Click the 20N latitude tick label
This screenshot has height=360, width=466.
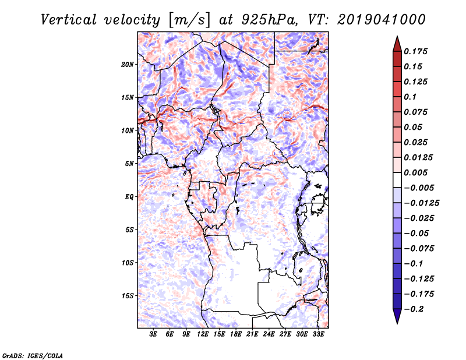tap(128, 65)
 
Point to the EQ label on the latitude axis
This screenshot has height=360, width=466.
tap(129, 197)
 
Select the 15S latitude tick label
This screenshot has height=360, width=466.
tap(128, 296)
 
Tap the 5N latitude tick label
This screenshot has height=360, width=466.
tap(129, 164)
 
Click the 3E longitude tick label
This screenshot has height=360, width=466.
tap(153, 334)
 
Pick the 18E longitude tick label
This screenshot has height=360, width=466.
tap(236, 334)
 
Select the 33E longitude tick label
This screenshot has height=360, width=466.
tap(318, 334)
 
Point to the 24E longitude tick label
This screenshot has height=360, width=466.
tap(269, 334)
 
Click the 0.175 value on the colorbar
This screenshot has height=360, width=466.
tap(415, 51)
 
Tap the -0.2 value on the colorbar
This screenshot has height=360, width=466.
tap(414, 309)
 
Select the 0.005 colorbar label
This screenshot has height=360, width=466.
tap(415, 172)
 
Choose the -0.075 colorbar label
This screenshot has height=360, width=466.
tap(419, 249)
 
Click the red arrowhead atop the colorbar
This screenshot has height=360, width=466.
tap(397, 45)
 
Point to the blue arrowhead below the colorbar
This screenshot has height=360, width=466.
tap(397, 316)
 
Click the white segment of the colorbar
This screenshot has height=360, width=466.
tap(397, 180)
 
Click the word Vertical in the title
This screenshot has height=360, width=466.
tap(69, 20)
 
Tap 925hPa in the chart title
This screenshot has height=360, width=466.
tap(269, 20)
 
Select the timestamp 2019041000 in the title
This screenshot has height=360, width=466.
tap(382, 20)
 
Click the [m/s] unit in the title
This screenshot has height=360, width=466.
tap(189, 20)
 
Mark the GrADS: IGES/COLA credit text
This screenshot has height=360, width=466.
tap(33, 356)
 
